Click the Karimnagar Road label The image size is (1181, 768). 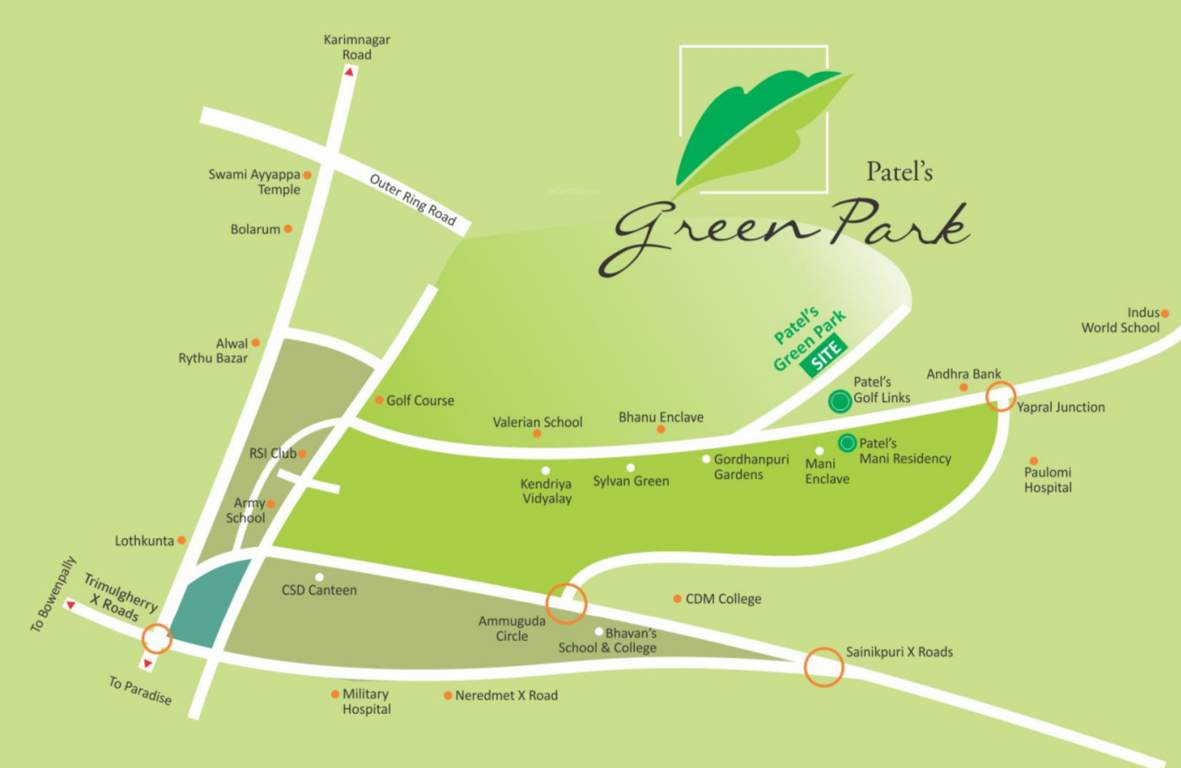pos(356,47)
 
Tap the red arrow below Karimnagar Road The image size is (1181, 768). pos(349,72)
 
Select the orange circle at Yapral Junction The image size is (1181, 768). pos(1000,397)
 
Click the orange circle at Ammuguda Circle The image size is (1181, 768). pos(566,602)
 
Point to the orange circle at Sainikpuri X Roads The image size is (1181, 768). pos(824,667)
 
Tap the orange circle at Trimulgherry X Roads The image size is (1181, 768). pos(156,638)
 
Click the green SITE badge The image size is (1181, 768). pos(824,357)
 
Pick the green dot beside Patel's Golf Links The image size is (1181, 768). pos(840,402)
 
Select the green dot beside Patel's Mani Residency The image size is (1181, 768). pos(847,442)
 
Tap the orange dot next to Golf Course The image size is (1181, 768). pos(379,400)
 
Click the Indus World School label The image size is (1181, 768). pos(1121,320)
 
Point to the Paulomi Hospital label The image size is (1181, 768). pos(1047,480)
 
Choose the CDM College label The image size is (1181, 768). pos(723,599)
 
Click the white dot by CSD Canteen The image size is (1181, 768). pos(319,577)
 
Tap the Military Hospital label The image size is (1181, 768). pos(366,701)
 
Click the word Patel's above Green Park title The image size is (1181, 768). pos(899,172)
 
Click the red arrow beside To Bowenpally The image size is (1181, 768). pos(69,605)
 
